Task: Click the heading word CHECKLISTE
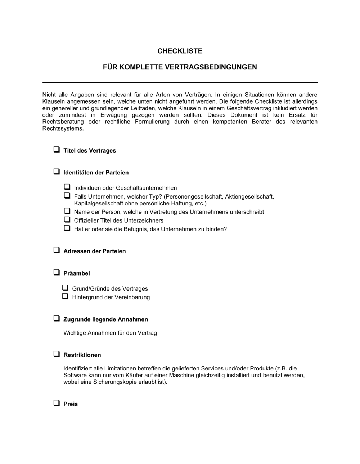pos(180,51)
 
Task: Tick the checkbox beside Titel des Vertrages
pos(57,150)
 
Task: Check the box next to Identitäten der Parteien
pos(57,172)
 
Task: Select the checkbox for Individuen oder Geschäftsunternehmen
pos(67,187)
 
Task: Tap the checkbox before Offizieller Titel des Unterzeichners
pos(67,219)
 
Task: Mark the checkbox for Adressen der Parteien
pos(57,250)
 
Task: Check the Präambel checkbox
pos(57,272)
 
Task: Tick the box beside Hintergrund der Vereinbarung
pos(65,296)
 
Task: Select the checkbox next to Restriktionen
pos(57,354)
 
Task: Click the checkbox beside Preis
pos(57,403)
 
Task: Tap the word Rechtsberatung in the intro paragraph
pos(63,122)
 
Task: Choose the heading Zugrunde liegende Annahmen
pos(105,319)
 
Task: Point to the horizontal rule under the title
pos(180,82)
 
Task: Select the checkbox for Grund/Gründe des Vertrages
pos(65,288)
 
